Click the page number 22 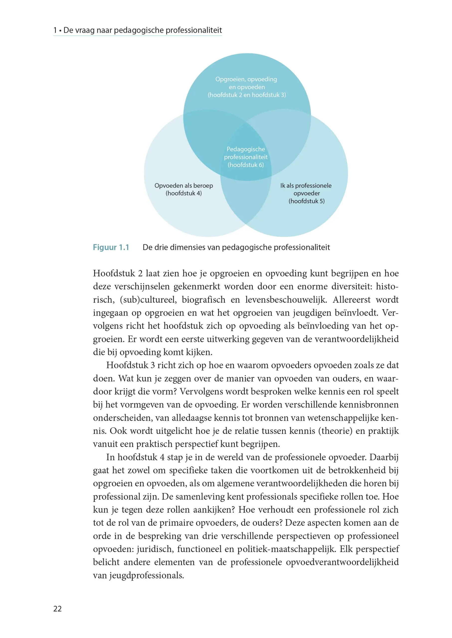pos(57,609)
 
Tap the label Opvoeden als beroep pos(183,186)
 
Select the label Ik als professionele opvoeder pos(306,189)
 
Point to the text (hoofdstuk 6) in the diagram pos(246,165)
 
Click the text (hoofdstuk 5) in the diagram pos(306,201)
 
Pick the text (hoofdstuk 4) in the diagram pos(183,193)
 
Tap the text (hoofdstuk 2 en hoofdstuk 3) pos(247,95)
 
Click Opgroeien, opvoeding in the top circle pos(246,79)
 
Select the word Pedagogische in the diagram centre pos(246,149)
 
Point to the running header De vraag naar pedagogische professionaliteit pos(143,30)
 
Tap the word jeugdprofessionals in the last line pos(146,575)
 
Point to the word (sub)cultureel pos(148,299)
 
